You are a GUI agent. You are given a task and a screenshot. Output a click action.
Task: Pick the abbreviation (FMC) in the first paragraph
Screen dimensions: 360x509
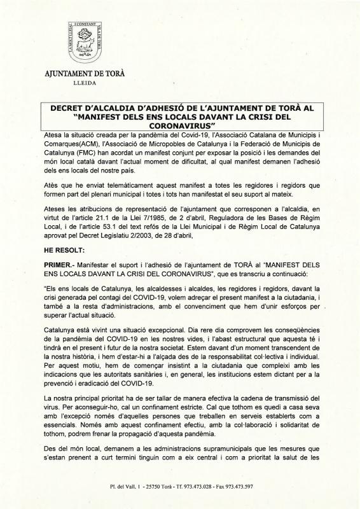point(83,162)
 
